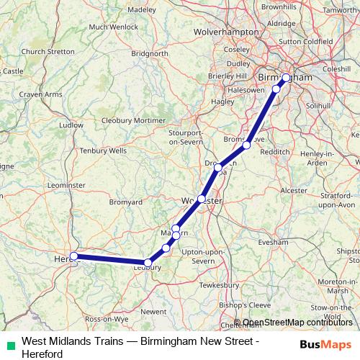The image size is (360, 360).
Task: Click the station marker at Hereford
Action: click(x=73, y=256)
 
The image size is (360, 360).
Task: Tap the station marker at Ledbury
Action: click(x=148, y=263)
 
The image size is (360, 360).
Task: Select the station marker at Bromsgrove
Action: click(x=246, y=145)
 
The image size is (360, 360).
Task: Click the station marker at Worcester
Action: click(x=202, y=199)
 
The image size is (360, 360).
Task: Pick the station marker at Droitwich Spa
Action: click(x=218, y=167)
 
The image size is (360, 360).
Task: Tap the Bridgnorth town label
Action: click(x=150, y=53)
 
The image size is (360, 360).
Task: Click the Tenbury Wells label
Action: click(x=103, y=150)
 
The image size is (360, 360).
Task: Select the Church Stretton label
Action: click(x=48, y=52)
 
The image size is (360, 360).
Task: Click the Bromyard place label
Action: click(x=125, y=202)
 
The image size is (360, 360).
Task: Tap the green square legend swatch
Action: click(x=8, y=343)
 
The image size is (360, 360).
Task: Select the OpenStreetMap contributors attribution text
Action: click(x=297, y=323)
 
